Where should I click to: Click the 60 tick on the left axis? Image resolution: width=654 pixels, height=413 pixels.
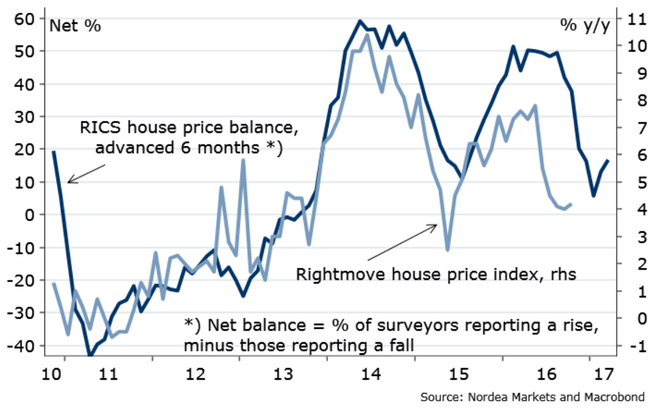[28, 18]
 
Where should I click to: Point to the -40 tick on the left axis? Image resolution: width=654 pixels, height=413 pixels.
[25, 345]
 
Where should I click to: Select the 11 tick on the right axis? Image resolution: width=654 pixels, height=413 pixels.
[631, 18]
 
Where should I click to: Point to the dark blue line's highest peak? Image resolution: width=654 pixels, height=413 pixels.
[360, 21]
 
